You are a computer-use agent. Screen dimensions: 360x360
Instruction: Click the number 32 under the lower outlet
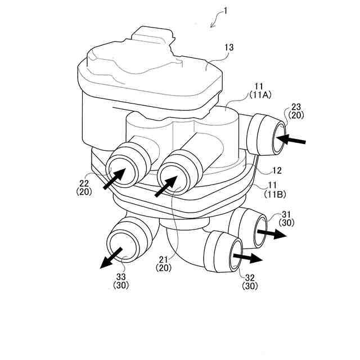click(x=250, y=277)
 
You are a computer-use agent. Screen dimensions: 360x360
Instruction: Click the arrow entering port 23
click(x=294, y=138)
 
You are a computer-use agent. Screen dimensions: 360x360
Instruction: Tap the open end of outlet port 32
click(x=235, y=254)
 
